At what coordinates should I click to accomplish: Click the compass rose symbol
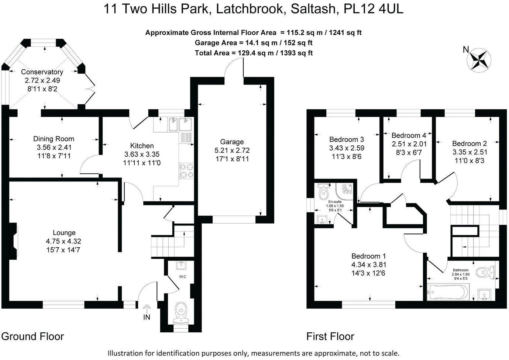tap(479, 60)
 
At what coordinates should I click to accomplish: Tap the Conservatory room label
tap(42, 72)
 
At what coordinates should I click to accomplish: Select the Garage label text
tap(232, 142)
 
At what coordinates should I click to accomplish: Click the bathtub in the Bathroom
tap(447, 292)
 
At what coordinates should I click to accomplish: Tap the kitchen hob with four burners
tap(187, 171)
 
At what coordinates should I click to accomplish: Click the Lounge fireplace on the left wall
tap(14, 240)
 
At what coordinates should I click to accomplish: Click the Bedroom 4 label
tap(409, 135)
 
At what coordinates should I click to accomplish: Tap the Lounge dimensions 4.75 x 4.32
tap(64, 241)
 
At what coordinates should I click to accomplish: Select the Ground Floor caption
tap(32, 336)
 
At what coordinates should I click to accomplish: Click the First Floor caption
tap(330, 336)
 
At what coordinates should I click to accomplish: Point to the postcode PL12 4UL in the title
tap(373, 9)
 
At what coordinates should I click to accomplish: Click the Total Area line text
tap(254, 53)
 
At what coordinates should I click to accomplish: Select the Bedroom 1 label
tap(368, 256)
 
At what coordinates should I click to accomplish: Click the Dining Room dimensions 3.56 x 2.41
tap(54, 147)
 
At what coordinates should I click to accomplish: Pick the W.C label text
tap(182, 277)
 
